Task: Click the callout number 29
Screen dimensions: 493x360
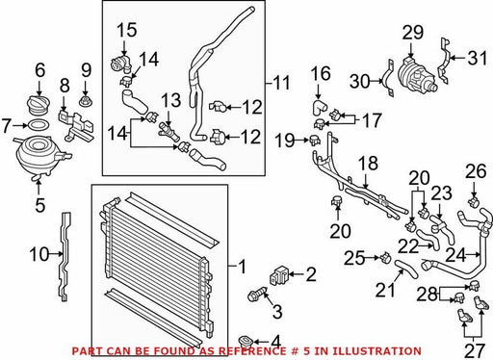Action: coord(413,33)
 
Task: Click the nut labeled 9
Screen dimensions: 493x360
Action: coord(85,101)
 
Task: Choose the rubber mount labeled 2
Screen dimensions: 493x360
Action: coord(279,275)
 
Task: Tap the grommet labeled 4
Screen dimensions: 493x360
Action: coord(246,342)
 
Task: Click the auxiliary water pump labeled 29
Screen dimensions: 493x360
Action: coord(416,75)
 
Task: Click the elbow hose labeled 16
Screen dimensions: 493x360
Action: coord(319,108)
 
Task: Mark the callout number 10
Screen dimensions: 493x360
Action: coord(40,255)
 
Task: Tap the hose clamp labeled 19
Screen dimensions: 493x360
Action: coord(315,141)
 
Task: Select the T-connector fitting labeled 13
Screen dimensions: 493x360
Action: coord(169,132)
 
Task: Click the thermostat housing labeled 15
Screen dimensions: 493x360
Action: coord(121,64)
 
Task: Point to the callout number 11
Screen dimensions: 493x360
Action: coord(282,83)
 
